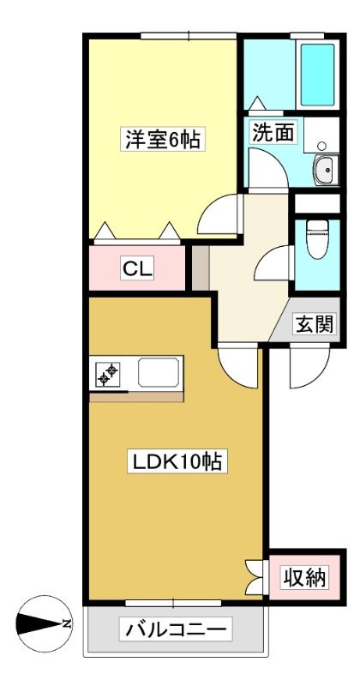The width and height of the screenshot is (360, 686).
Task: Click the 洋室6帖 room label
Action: click(163, 140)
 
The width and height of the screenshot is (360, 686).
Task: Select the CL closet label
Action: click(137, 268)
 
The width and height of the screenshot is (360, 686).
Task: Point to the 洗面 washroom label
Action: click(273, 132)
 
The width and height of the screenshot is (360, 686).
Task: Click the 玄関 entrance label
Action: click(315, 325)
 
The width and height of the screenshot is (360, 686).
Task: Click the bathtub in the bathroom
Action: click(317, 75)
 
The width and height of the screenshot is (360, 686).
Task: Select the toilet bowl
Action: click(317, 239)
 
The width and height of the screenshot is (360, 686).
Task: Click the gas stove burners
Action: click(108, 374)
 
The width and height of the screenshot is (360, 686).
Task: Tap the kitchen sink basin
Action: click(159, 373)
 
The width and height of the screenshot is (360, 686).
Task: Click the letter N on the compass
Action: click(67, 623)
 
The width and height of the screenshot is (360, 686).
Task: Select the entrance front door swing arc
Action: click(309, 368)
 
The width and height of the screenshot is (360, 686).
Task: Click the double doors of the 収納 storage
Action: click(255, 577)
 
